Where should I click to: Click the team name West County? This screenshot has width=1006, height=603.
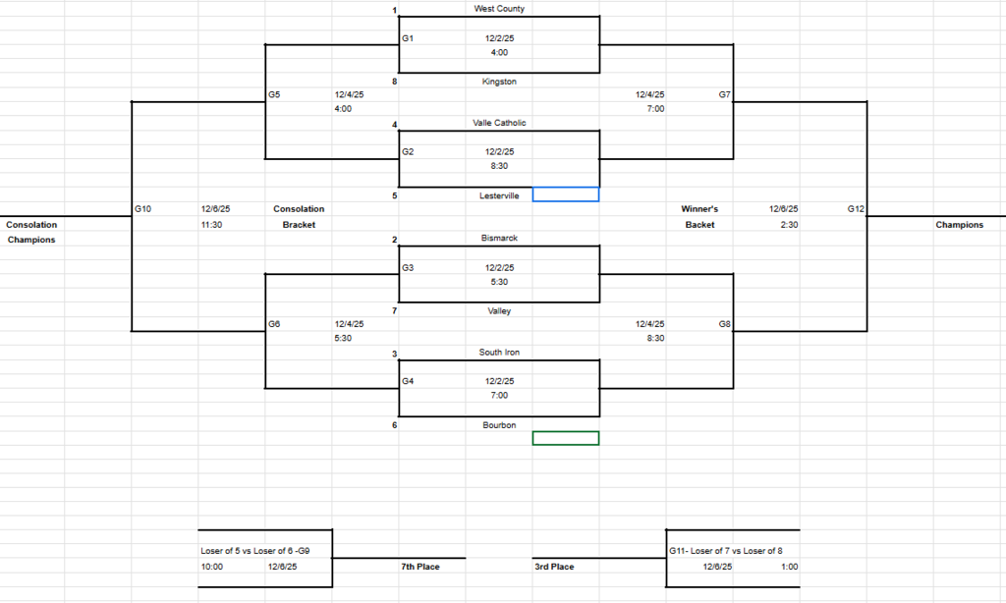click(x=499, y=9)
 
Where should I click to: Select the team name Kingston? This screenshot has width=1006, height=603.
click(x=499, y=82)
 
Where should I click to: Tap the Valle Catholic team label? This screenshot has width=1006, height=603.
click(x=499, y=123)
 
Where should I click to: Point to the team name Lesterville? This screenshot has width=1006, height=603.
click(x=499, y=195)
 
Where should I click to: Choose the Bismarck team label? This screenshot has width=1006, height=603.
click(x=499, y=239)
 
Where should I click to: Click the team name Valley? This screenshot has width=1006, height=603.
click(x=499, y=311)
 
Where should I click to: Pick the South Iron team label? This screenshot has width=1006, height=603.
click(x=499, y=353)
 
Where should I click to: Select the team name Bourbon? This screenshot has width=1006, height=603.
click(x=499, y=425)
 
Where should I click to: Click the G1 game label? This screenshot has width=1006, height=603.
click(x=408, y=38)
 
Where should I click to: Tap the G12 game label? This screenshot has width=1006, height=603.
click(x=856, y=209)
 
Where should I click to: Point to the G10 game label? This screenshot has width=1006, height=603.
click(x=142, y=209)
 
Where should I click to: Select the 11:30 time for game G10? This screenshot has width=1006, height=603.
click(x=214, y=225)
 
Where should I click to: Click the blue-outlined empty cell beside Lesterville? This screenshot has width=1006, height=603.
click(x=565, y=194)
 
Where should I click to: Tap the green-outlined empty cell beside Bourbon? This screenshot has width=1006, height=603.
click(x=565, y=438)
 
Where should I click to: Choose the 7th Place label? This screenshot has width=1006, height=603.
click(x=419, y=567)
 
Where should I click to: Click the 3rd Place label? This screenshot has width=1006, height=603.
click(x=555, y=567)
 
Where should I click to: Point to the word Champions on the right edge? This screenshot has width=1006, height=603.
click(x=959, y=225)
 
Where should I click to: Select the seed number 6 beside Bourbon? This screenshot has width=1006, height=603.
click(x=394, y=425)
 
